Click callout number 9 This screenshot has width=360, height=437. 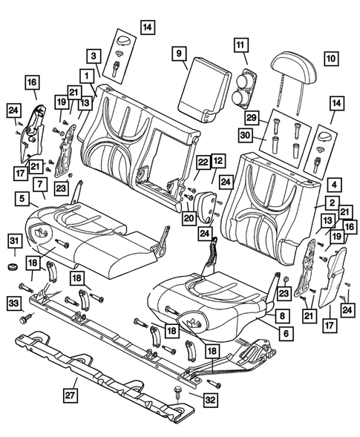click(x=178, y=53)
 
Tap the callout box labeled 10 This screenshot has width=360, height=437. click(x=330, y=56)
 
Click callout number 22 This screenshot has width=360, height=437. click(x=203, y=162)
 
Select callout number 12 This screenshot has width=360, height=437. click(x=218, y=160)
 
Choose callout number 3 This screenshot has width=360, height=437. click(x=94, y=56)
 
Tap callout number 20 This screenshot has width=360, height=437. click(x=189, y=217)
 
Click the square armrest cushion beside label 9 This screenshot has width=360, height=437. click(x=206, y=87)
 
